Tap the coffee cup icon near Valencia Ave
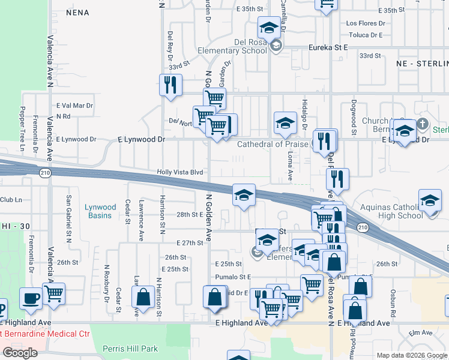click(31, 298)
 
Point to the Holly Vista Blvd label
click(180, 172)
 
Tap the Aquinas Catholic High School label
click(392, 211)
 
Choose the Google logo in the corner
click(20, 353)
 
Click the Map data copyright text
click(411, 355)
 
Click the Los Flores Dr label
click(364, 23)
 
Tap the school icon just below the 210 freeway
click(244, 194)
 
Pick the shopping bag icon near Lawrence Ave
click(143, 296)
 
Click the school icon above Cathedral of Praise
click(286, 124)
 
